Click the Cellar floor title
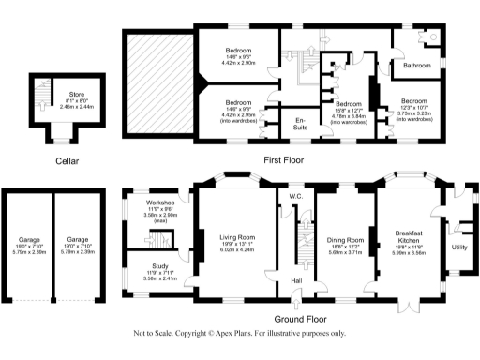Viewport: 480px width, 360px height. [66, 161]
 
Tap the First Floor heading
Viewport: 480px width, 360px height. [286, 159]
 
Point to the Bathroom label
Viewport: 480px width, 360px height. [416, 66]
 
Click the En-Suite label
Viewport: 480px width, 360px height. [301, 122]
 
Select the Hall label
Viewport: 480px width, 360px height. [296, 279]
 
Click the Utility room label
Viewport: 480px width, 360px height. [459, 247]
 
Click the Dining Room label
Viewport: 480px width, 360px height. [347, 240]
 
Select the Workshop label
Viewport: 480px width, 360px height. [156, 202]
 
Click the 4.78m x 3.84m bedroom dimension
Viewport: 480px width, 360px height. [349, 117]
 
